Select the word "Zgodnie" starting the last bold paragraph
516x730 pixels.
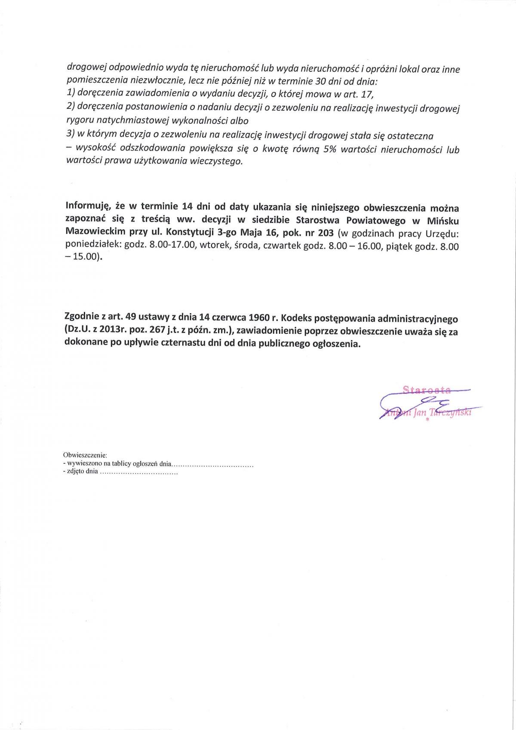pos(81,318)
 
